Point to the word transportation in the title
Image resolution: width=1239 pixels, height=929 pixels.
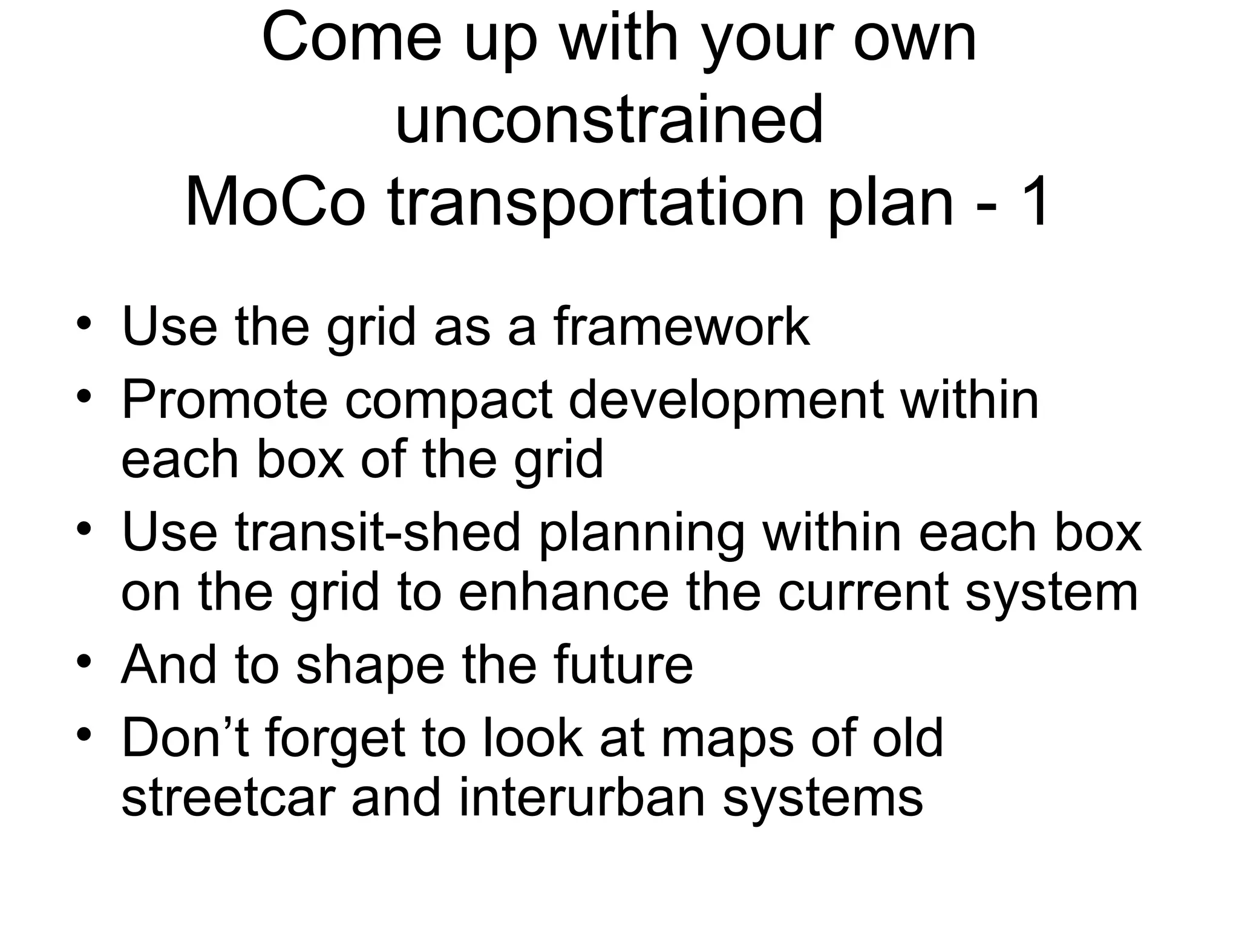596,204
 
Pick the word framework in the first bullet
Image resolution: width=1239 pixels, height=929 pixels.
681,327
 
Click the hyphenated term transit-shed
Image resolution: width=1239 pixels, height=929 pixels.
378,532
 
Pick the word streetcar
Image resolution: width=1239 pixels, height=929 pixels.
228,798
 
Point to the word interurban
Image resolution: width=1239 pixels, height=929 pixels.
583,798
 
